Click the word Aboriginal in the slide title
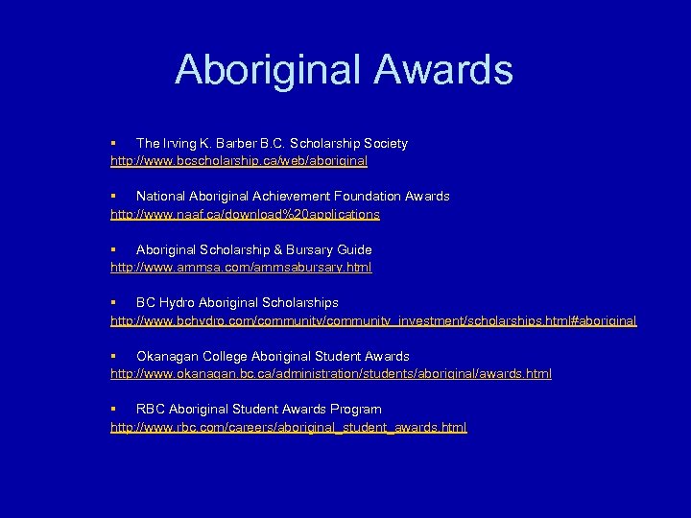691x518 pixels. (263, 71)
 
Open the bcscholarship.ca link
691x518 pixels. (239, 161)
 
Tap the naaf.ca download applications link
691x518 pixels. (245, 214)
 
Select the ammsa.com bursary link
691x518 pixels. (241, 267)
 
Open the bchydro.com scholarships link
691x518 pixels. (373, 320)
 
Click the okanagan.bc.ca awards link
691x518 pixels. (331, 373)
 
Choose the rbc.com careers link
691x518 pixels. (289, 427)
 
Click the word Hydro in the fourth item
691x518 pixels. (177, 302)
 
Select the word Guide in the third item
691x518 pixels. (353, 249)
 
